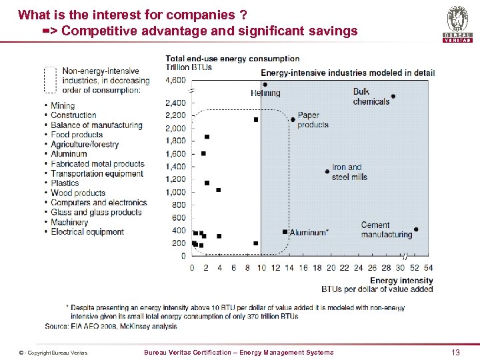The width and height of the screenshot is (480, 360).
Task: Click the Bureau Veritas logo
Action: (457, 24)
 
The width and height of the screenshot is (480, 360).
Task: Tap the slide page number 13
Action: (456, 352)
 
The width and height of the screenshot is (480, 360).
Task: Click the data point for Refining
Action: (265, 85)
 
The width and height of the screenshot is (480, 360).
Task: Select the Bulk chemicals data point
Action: (393, 96)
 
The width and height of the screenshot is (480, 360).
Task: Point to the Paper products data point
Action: (293, 120)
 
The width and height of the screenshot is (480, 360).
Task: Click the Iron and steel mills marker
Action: (327, 171)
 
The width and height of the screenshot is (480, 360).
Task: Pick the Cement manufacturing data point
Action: (416, 229)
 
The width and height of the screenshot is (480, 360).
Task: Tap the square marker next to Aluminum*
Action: (285, 232)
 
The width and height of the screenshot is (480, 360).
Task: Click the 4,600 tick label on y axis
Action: (176, 80)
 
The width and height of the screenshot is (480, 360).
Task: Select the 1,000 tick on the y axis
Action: (176, 192)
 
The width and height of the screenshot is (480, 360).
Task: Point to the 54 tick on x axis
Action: (427, 267)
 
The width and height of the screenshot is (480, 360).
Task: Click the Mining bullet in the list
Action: (63, 105)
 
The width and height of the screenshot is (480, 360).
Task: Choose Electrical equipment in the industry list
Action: (87, 231)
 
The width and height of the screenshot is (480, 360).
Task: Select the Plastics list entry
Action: (65, 183)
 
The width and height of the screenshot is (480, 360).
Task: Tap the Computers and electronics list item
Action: (98, 203)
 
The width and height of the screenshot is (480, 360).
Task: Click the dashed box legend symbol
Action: (50, 79)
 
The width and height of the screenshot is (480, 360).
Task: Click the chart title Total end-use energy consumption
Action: (232, 59)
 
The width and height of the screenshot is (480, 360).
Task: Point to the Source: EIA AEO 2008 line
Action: (111, 326)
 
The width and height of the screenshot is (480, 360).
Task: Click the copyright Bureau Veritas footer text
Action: (53, 353)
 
